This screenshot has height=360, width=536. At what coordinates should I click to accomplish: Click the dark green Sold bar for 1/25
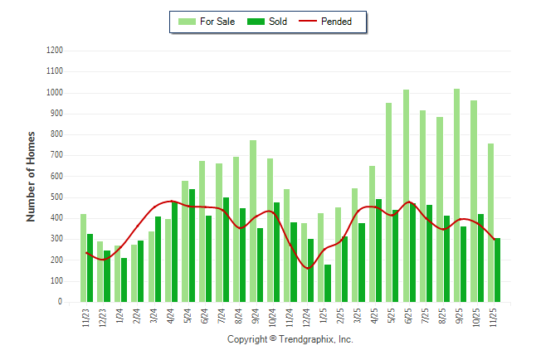(328, 283)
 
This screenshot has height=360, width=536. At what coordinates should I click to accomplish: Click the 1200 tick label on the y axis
(55, 51)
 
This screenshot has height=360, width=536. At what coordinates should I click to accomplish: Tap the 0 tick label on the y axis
(61, 302)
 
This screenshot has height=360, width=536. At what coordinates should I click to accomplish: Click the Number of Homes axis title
(31, 176)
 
